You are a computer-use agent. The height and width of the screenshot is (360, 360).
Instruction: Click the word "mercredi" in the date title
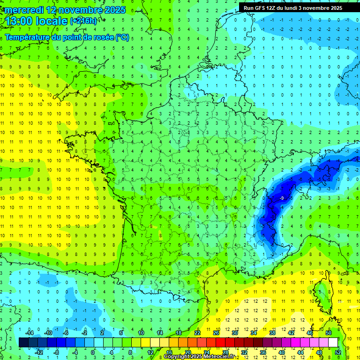(22, 10)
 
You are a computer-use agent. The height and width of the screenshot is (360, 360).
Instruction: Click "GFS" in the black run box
(261, 8)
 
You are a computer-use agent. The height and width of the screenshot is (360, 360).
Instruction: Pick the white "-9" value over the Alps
(281, 198)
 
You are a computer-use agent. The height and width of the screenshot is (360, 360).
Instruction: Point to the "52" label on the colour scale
(338, 352)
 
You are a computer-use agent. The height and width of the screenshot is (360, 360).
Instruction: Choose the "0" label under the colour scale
(93, 352)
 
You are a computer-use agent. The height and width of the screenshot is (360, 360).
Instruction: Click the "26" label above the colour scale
(216, 332)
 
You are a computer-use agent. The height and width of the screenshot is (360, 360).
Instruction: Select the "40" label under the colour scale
(282, 352)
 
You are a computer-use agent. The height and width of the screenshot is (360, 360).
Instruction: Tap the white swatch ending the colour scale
(333, 342)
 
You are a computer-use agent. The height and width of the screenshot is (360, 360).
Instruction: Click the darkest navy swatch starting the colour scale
(23, 342)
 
